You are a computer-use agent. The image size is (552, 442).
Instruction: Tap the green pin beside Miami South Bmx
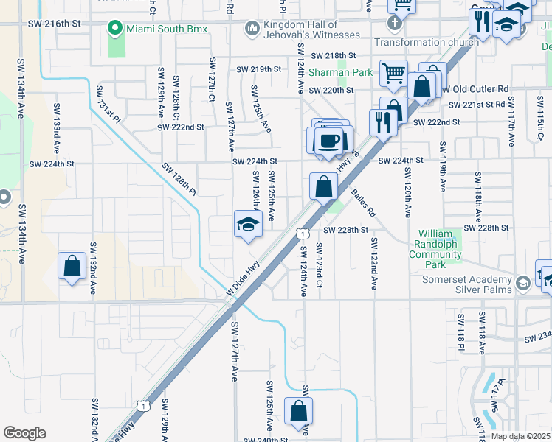coord(114,29)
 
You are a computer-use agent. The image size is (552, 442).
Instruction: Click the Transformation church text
coord(427,42)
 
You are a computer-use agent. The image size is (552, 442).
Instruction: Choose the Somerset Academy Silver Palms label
coord(466,284)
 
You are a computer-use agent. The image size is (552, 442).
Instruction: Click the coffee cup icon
coord(329,139)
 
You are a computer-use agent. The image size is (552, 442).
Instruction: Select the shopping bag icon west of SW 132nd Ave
coord(72,267)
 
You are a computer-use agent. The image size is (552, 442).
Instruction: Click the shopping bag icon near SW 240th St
coord(298,413)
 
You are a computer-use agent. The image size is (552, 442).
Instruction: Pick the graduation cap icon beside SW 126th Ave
coord(248,225)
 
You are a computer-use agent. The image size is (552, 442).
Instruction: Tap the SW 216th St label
coord(53,24)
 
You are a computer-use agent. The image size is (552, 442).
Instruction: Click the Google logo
coord(24,433)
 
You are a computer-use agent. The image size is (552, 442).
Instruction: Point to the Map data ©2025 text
coord(521,436)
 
